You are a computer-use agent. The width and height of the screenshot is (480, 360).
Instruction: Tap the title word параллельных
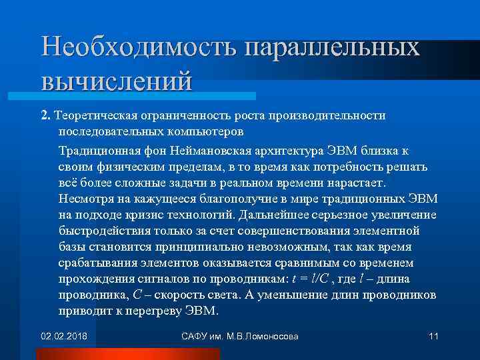pos(333,47)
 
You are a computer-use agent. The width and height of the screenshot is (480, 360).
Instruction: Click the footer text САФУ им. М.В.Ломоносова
pos(240,336)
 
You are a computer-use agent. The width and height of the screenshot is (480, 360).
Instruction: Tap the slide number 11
pos(433,336)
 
